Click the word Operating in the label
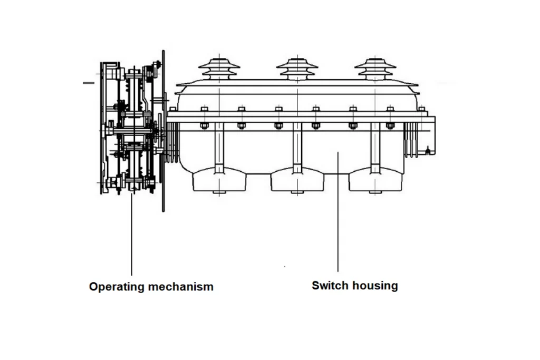tap(115, 287)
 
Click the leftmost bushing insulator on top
tap(219, 69)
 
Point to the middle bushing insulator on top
tap(297, 69)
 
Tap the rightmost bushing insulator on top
tap(375, 69)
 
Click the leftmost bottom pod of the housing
tap(219, 180)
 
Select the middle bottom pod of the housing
tap(297, 181)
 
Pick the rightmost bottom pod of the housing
tap(375, 181)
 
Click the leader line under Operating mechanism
tap(131, 235)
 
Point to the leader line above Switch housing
tap(338, 212)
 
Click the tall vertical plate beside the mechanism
tap(163, 131)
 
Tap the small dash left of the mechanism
tap(89, 83)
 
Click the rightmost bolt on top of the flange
tap(421, 109)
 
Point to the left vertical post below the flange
tap(219, 148)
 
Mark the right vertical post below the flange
tap(375, 148)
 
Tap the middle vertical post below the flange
tap(297, 148)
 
